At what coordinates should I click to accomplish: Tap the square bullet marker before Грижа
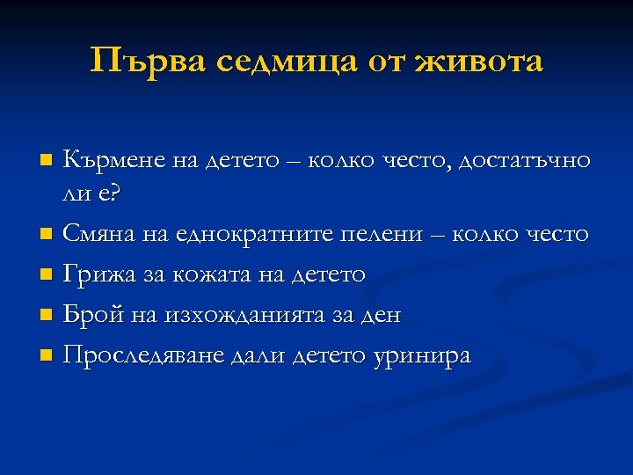click(47, 275)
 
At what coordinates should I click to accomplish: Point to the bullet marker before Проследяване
click(47, 354)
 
